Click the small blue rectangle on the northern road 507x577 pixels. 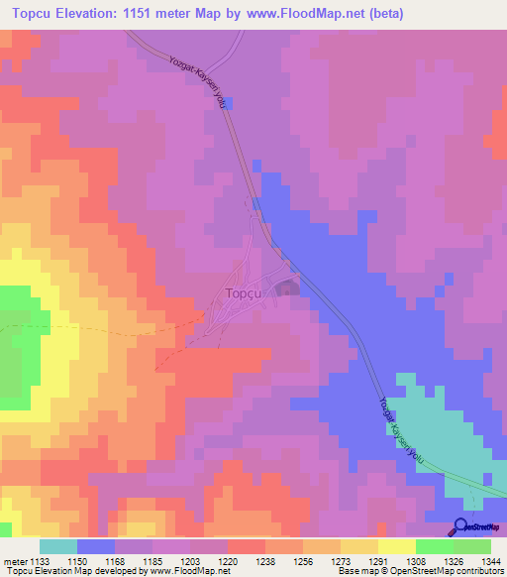[229, 102]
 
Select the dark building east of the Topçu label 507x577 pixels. [287, 289]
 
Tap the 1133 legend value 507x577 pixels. [37, 560]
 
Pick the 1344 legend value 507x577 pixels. [491, 560]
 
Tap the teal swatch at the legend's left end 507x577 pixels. [58, 546]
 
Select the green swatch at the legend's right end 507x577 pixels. [472, 546]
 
